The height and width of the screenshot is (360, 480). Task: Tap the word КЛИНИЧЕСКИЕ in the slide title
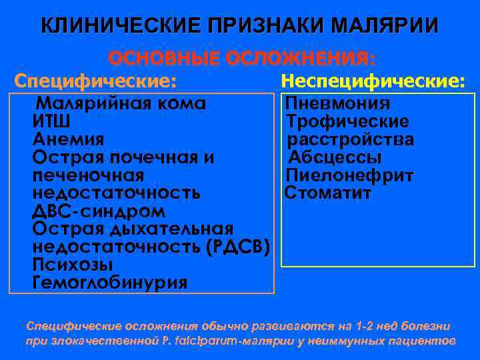coord(115,26)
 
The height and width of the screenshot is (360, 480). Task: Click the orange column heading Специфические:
coord(95,82)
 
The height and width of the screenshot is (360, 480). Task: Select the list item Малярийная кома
coord(120,104)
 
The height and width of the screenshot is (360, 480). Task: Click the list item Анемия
coord(68,140)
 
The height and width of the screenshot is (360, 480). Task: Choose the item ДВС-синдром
coord(99,211)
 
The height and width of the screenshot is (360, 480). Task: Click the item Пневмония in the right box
coord(338,104)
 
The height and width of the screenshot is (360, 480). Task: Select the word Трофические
coord(347,122)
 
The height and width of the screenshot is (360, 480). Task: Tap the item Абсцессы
coord(335,158)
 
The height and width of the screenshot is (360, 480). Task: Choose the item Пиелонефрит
coord(349,176)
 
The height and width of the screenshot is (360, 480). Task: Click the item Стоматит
coord(328,194)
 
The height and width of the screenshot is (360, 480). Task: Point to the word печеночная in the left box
coord(88,176)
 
